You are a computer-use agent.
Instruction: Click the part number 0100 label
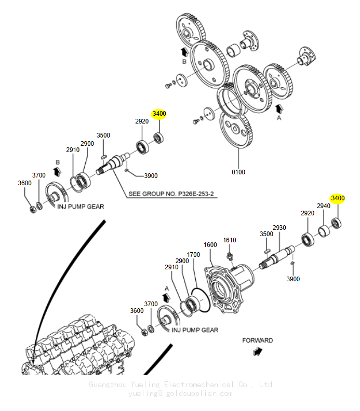(238, 172)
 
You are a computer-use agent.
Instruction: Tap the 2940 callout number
(323, 206)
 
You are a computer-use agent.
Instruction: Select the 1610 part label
(230, 240)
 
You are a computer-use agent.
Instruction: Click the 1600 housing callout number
(210, 245)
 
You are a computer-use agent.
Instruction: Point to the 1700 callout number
(193, 255)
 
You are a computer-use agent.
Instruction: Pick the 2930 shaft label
(279, 228)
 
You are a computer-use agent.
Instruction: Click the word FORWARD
(258, 340)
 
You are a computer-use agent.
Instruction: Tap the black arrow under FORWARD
(258, 351)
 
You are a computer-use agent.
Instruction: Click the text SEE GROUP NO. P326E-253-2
(171, 194)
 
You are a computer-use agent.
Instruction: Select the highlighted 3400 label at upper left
(159, 114)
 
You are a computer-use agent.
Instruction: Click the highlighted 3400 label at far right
(338, 198)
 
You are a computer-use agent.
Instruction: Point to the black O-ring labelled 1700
(201, 300)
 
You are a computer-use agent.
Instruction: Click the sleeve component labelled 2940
(324, 231)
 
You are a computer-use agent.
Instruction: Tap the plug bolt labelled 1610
(230, 256)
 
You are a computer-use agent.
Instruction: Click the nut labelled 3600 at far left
(33, 210)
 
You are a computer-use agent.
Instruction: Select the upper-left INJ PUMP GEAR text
(81, 207)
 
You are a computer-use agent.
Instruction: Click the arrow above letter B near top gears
(184, 52)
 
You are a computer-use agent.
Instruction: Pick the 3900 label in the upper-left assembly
(151, 176)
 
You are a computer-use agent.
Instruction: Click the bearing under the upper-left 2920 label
(142, 147)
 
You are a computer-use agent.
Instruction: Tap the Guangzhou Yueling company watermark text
(181, 385)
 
